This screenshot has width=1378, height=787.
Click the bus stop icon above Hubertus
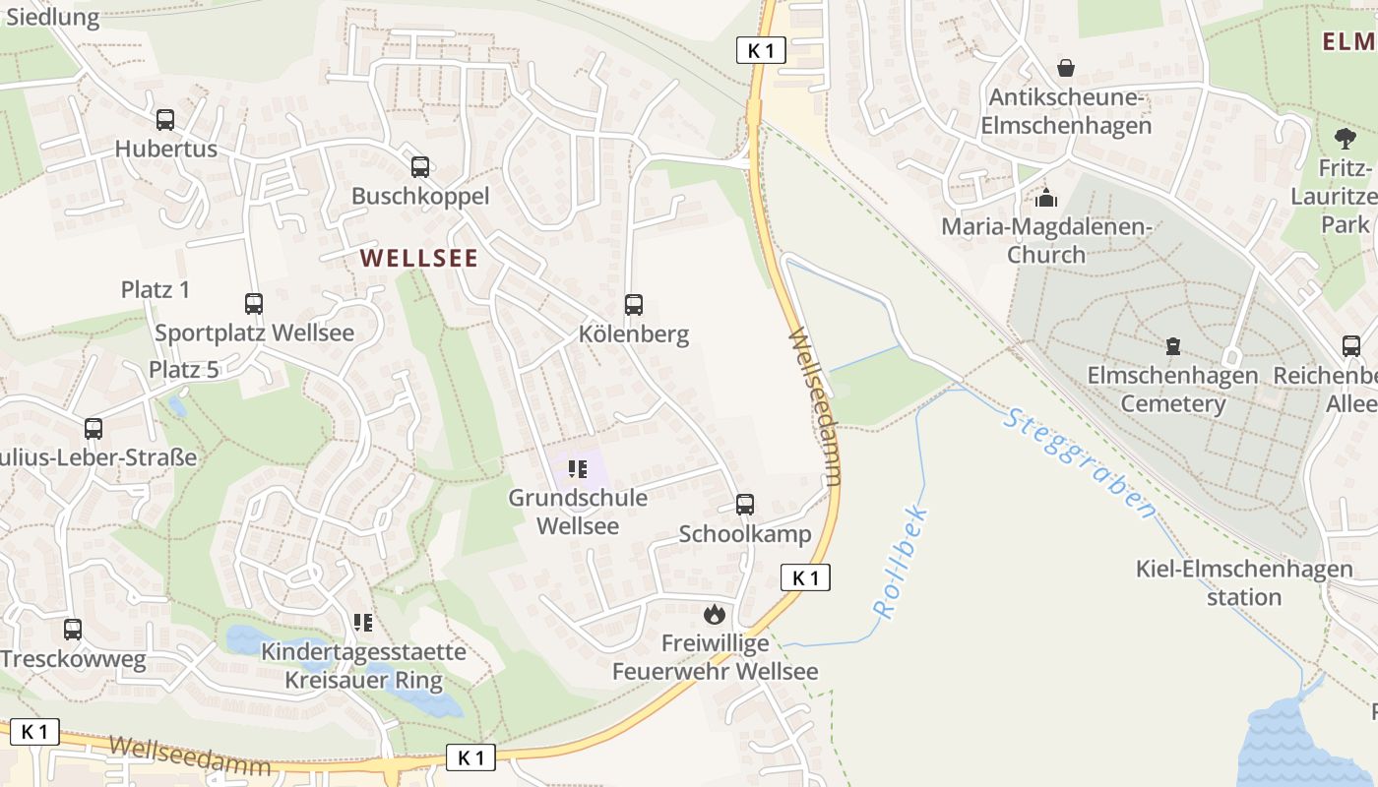[165, 120]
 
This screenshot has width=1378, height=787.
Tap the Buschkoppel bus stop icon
[420, 167]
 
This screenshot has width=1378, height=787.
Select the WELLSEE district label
[418, 259]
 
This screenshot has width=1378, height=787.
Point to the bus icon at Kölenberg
[634, 305]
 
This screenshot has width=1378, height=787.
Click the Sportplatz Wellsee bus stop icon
[254, 304]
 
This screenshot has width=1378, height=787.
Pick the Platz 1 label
[156, 289]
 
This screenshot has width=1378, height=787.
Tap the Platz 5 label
[183, 369]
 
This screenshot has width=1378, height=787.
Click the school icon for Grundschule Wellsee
[578, 469]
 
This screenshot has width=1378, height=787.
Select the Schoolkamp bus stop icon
[745, 505]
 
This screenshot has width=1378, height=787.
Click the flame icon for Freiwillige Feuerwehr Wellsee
[715, 615]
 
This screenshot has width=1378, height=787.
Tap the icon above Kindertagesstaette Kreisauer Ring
[363, 623]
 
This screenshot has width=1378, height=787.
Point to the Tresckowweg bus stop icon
[73, 630]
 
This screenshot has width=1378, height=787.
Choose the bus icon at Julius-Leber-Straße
[94, 429]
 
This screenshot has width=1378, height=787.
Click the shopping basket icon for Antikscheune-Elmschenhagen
[1066, 68]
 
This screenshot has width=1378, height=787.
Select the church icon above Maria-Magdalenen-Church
[1046, 198]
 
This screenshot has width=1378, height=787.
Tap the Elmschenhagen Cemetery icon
[1172, 346]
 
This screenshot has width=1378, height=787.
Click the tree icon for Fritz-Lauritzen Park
[1345, 139]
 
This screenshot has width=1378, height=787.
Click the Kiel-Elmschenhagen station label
[1244, 582]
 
